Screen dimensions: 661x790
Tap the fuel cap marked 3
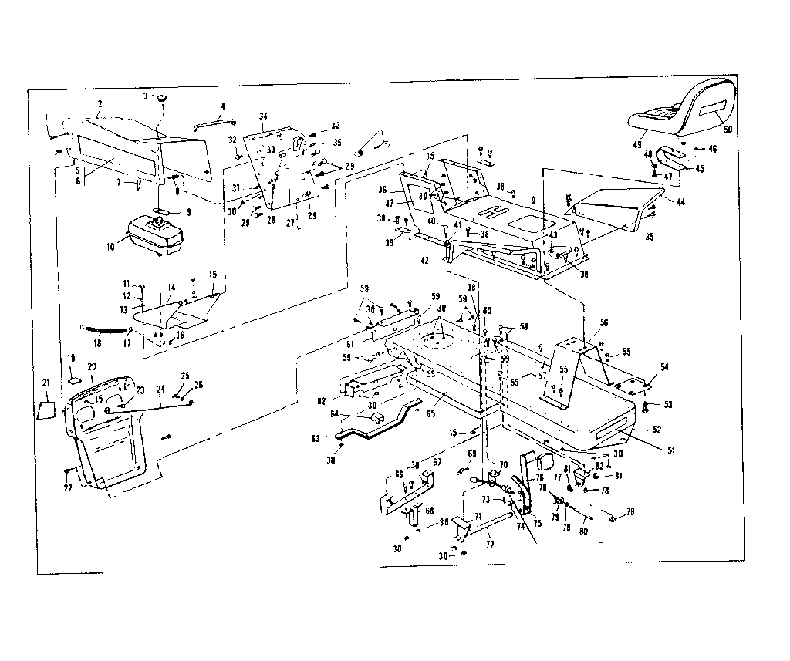click(x=161, y=98)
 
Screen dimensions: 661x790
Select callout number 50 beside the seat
click(x=728, y=130)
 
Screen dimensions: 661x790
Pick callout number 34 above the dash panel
click(x=263, y=116)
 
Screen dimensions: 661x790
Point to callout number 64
click(x=356, y=414)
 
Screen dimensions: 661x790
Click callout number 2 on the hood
click(x=100, y=103)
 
